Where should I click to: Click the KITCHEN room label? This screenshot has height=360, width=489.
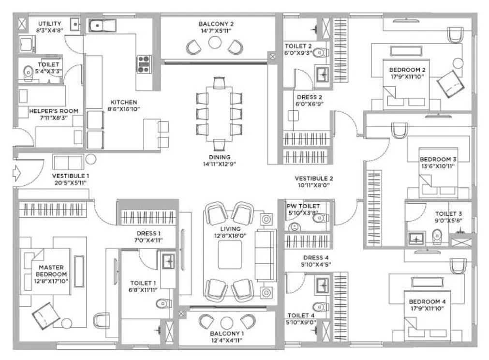point(124,103)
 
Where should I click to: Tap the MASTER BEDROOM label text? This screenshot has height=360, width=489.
point(51,270)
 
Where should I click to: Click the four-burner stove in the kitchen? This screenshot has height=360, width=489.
point(144,64)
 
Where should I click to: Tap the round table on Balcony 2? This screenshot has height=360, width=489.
point(214,43)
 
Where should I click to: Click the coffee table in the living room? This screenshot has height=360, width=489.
point(229,255)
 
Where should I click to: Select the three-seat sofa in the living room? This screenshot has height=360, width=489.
point(264,255)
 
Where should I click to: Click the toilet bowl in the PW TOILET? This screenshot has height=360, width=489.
point(320,219)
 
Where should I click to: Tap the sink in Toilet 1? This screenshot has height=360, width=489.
point(168,261)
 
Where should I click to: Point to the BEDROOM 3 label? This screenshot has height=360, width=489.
point(438,159)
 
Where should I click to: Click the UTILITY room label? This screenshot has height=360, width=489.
point(50,24)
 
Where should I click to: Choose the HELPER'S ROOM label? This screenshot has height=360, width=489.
point(53,111)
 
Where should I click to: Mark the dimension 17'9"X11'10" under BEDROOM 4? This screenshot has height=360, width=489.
point(427,309)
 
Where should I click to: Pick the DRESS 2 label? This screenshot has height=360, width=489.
point(306,97)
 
